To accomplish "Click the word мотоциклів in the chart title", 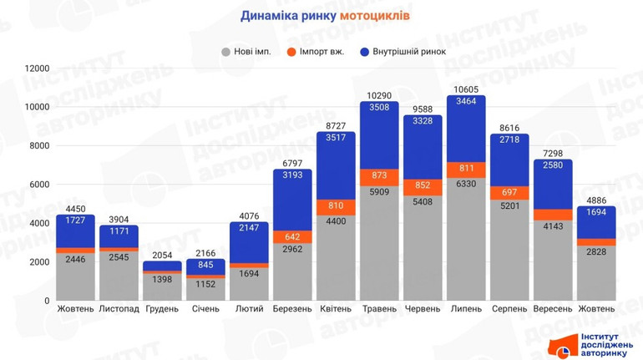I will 375,15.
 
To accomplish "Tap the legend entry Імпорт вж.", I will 320,52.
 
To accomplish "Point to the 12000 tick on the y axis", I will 37,68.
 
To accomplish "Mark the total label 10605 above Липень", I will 466,89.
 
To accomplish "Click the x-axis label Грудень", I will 162,309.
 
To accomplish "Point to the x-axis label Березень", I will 292,309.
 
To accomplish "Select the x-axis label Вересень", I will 553,309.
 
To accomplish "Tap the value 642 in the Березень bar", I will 292,236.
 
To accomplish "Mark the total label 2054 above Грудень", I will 162,255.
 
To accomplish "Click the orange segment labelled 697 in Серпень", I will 509,193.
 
